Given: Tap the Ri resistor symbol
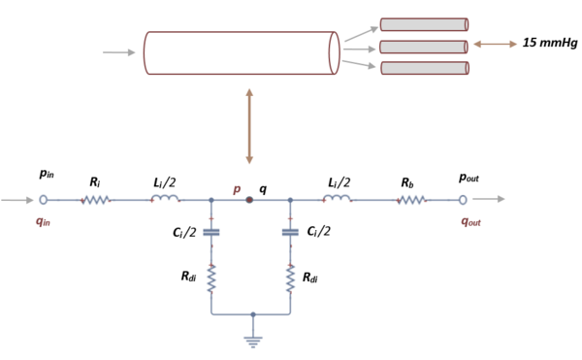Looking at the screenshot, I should [96, 200].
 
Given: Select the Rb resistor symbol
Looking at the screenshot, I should [411, 200].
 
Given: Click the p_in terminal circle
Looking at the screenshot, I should [43, 200].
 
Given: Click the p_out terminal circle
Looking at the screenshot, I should [463, 200].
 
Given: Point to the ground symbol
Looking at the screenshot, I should [252, 339].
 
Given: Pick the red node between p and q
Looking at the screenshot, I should [250, 200].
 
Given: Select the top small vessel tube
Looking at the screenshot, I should [424, 24].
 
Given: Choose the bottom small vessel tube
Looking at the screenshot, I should [424, 68].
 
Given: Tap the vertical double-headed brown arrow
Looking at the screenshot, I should [250, 125].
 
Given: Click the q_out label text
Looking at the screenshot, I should [470, 220].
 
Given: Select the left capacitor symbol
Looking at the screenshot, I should [211, 232].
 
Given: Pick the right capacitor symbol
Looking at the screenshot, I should [290, 232].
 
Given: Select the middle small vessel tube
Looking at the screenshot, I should [424, 47].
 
